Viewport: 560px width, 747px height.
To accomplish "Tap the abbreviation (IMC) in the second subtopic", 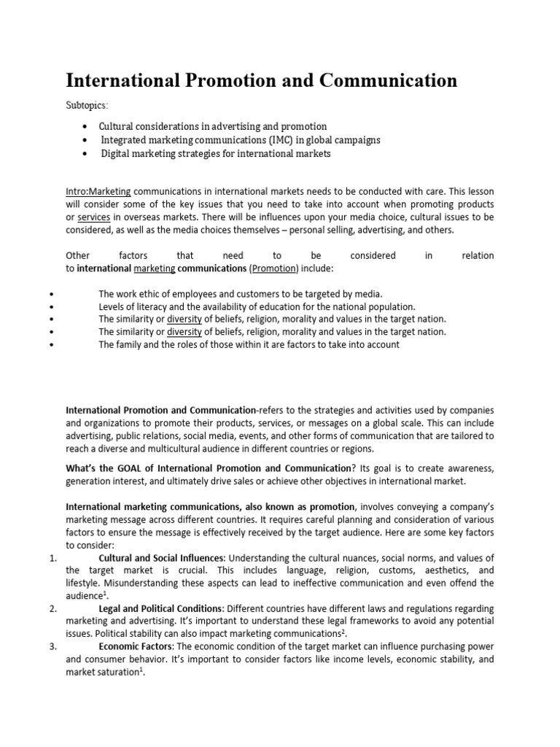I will coord(280,139).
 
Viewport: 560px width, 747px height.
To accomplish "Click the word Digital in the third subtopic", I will coord(116,153).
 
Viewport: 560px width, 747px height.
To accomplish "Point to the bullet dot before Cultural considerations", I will coord(87,126).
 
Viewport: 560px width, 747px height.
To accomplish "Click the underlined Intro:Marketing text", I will coord(98,191).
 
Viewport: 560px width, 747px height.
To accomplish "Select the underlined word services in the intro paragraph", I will coord(93,217).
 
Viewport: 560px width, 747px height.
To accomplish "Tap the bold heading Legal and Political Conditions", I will coord(161,608).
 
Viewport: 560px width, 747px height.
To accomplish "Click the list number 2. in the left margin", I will coord(52,608).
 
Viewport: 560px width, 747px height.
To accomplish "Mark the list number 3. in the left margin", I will coord(52,646).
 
